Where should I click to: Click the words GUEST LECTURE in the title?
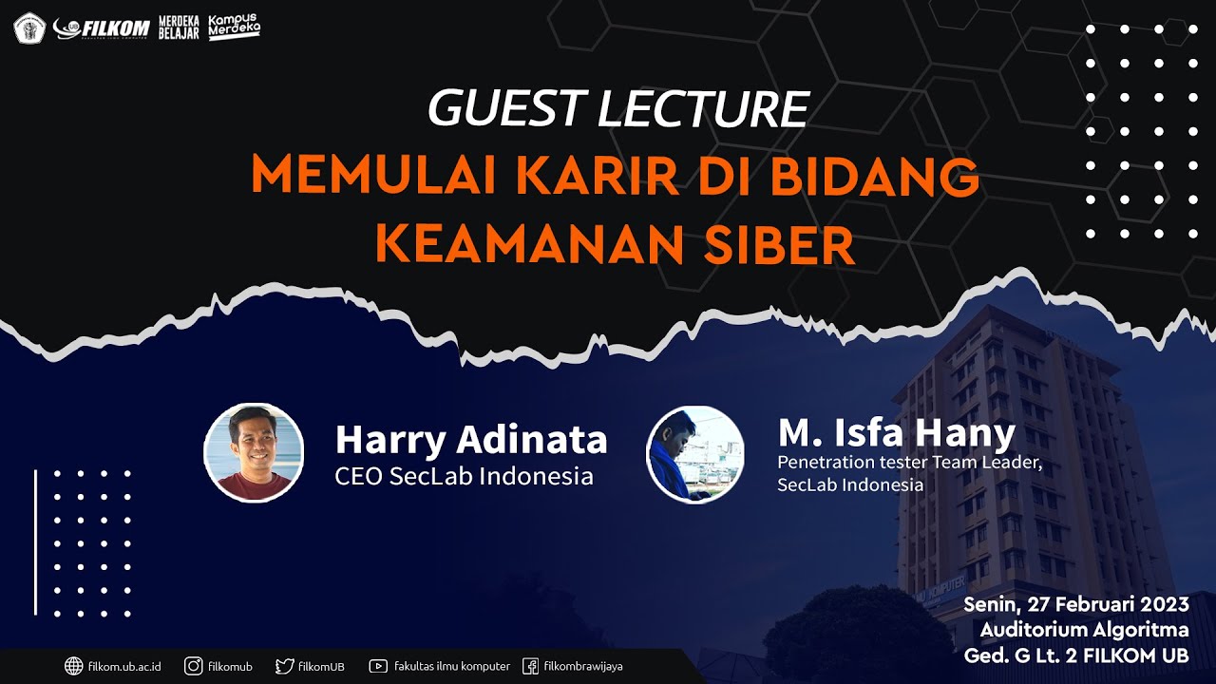(617, 108)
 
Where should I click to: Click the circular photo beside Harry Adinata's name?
(254, 452)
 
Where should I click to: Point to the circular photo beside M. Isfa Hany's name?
(695, 454)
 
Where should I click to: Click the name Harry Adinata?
(471, 440)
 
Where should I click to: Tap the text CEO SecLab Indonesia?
(464, 476)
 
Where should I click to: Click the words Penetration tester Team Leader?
(910, 463)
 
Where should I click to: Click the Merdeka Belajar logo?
(179, 28)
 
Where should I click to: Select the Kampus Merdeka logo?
(234, 27)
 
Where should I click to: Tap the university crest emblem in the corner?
(29, 28)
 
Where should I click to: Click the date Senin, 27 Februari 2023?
(1075, 605)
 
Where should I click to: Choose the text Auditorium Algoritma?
(1084, 630)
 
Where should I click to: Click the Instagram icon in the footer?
(194, 666)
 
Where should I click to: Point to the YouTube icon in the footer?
(378, 666)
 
